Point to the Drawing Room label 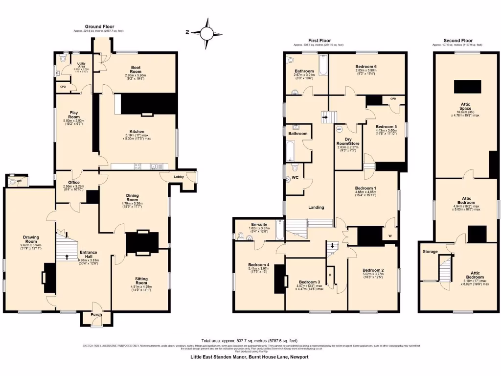tap(31, 239)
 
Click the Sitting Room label tap(141, 281)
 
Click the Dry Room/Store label tap(347, 140)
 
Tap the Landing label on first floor tap(316, 207)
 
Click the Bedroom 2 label tap(372, 270)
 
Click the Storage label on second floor tap(431, 252)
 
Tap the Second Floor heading tap(458, 41)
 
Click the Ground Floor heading tap(99, 26)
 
